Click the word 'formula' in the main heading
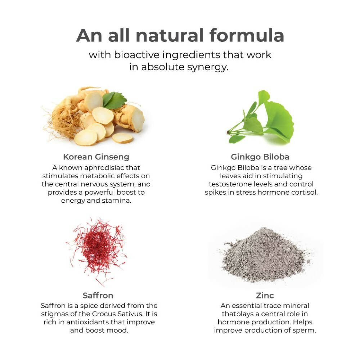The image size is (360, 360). (x=247, y=35)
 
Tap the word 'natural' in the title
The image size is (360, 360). (x=170, y=35)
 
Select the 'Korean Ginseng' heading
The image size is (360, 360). (x=96, y=157)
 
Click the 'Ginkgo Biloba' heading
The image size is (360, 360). (x=260, y=157)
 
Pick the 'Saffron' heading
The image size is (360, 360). (x=98, y=295)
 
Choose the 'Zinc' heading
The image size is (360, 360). (x=265, y=295)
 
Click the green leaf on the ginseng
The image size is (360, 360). (x=114, y=100)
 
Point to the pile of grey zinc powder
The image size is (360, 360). (x=264, y=255)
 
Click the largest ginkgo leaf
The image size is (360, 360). (x=279, y=122)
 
